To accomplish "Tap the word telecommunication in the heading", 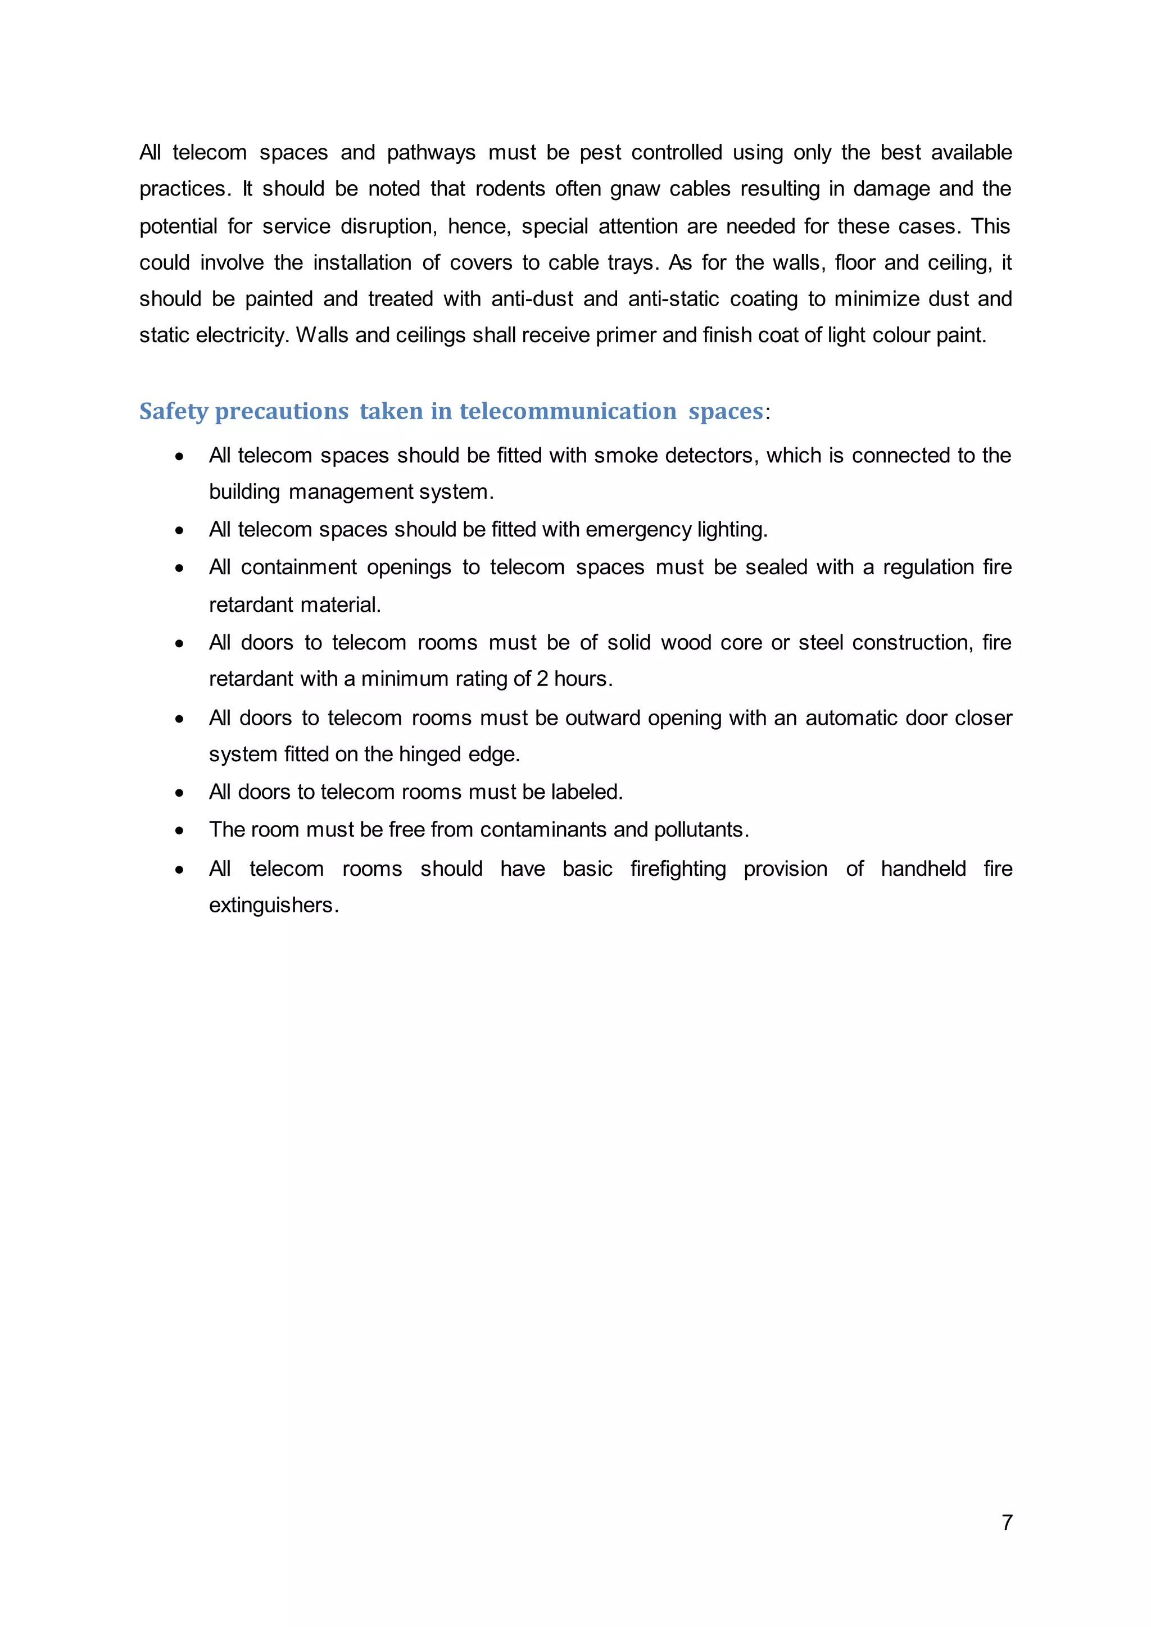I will click(568, 411).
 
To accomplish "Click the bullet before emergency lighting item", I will click(180, 530).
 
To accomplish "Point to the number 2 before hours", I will click(542, 679).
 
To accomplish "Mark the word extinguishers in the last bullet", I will click(273, 905).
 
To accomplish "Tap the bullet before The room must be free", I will click(180, 830).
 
